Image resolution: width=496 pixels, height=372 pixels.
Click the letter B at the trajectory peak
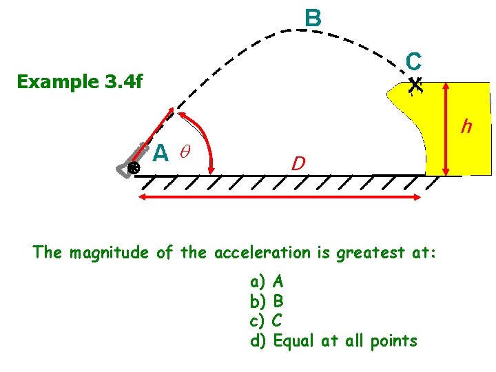pos(313,18)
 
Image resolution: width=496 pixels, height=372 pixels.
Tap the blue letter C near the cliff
pos(413,62)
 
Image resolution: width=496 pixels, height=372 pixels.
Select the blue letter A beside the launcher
pos(160,152)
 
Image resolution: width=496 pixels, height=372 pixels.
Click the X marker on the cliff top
pos(414,85)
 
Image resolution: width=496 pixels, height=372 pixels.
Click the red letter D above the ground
pos(298,163)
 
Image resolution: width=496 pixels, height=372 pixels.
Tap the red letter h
pos(466,127)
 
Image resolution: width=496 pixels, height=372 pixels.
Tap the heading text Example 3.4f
pos(80,82)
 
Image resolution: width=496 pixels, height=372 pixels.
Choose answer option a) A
pos(267,281)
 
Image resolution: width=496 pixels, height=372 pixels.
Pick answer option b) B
pos(267,301)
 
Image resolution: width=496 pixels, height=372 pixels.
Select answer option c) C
pos(267,320)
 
